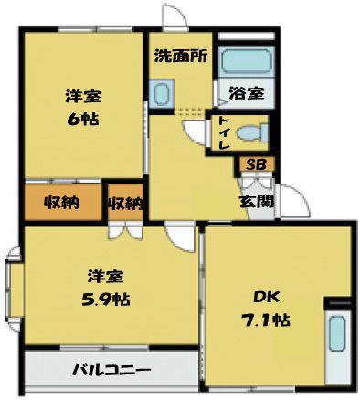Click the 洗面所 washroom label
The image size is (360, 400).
[181, 56]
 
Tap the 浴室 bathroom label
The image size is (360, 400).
[247, 93]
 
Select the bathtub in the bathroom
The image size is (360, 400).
[247, 60]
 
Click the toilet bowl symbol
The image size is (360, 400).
[252, 133]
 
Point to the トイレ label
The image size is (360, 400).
[224, 133]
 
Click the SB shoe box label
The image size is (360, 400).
[256, 164]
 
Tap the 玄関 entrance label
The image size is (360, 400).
[256, 202]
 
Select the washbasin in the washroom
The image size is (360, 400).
[162, 93]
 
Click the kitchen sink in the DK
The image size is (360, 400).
[337, 333]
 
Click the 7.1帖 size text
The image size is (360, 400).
[266, 320]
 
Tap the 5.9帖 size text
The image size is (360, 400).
[106, 299]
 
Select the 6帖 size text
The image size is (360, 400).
[83, 119]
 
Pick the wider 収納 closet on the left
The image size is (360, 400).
[62, 202]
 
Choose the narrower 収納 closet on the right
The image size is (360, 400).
[125, 202]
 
